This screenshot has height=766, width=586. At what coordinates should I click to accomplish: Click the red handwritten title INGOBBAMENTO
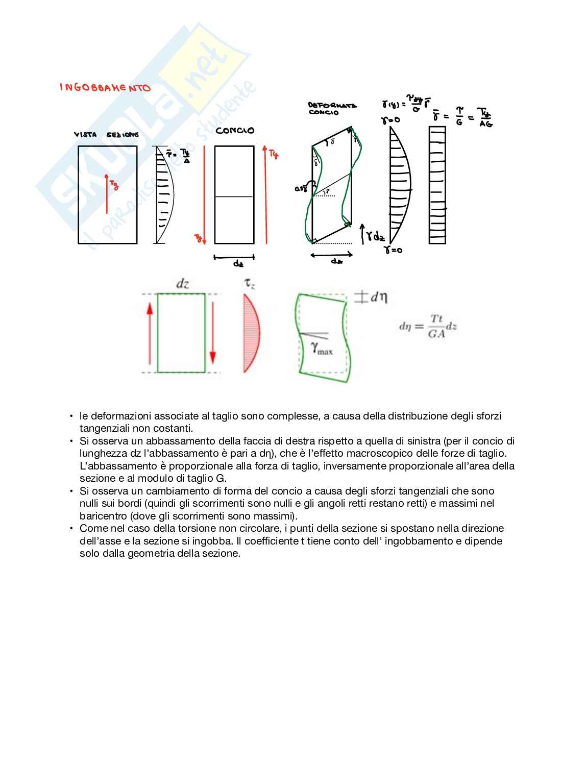tap(105, 88)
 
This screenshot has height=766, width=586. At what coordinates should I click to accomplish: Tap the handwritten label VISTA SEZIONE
tap(106, 135)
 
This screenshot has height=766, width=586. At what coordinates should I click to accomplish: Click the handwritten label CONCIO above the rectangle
tap(234, 131)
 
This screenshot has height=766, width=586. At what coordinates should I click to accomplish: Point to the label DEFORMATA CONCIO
tap(332, 109)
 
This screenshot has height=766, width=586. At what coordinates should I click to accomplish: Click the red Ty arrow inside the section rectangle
tap(107, 194)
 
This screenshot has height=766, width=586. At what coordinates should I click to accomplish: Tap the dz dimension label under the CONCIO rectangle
tap(238, 264)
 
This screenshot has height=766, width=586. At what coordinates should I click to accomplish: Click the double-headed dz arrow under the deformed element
tap(331, 254)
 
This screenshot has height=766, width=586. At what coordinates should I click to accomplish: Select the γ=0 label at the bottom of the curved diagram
tap(393, 251)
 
